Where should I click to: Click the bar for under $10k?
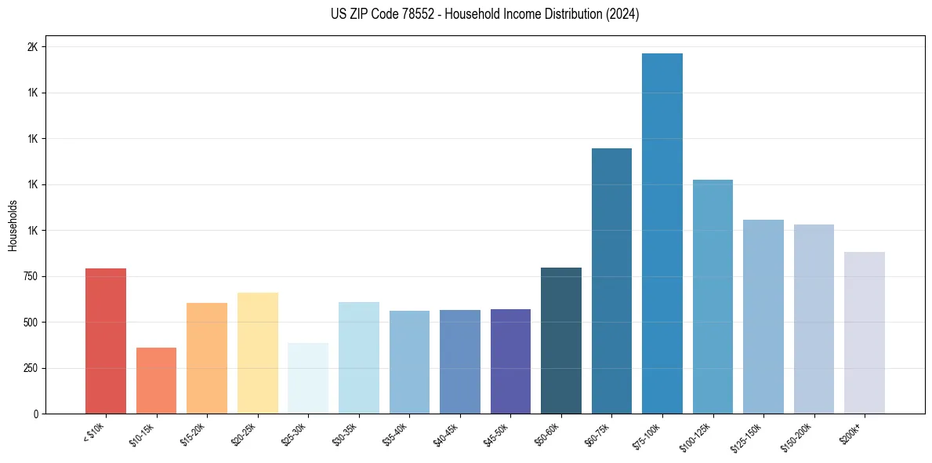coord(106,341)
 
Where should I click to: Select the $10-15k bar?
coord(156,381)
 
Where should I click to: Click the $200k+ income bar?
coord(864,333)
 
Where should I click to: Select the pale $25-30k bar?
coord(308,378)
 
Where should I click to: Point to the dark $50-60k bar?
coord(561,341)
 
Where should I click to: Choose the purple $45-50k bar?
coord(510,361)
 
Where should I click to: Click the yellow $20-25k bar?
coord(257,353)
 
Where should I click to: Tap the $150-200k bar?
coord(814,319)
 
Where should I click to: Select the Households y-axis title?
coord(13,224)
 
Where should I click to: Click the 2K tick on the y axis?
coord(32,47)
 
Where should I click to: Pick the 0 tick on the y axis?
coord(36,414)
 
